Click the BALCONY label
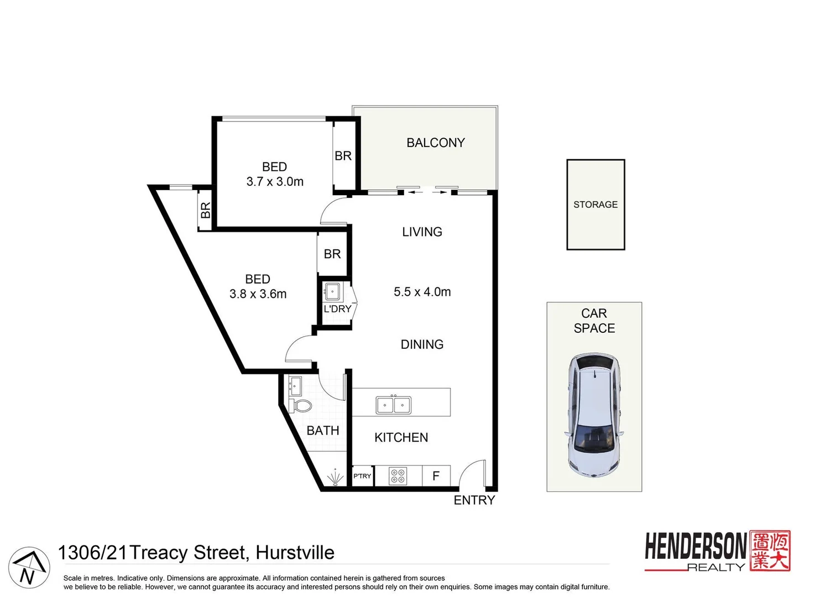(435, 143)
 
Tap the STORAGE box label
(595, 205)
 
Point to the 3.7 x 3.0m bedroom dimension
(275, 181)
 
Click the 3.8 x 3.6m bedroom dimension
(258, 294)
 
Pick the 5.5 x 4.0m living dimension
(422, 292)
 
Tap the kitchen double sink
(393, 405)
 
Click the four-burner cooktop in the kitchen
(398, 475)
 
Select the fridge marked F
(436, 476)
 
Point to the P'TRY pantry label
(362, 476)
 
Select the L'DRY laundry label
(337, 308)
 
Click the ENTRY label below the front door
(474, 500)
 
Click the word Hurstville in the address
(295, 552)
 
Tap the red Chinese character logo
(770, 551)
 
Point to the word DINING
(422, 344)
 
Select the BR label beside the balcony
(343, 156)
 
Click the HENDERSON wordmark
(695, 547)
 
